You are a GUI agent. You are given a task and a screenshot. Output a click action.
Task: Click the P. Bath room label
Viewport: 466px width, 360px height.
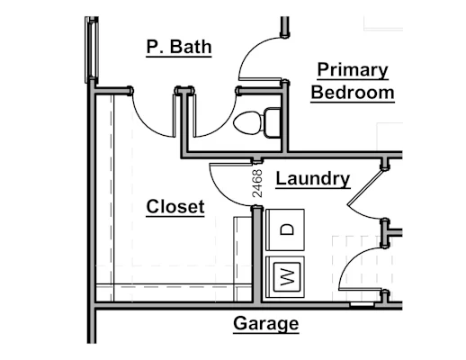(179, 47)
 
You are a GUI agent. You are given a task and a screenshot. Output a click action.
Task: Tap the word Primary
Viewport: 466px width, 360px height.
(353, 70)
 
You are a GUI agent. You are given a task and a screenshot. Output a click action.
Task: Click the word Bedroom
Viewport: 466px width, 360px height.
(353, 93)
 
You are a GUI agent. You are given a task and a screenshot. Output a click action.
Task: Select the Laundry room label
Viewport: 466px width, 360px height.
(313, 179)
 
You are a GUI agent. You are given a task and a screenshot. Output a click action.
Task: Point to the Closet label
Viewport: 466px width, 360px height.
(175, 206)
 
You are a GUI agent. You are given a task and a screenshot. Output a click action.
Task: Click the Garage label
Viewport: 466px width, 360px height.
(266, 324)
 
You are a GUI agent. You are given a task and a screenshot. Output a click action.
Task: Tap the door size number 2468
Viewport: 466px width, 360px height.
(257, 184)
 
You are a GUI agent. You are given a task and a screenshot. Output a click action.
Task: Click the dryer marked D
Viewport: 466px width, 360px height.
(285, 229)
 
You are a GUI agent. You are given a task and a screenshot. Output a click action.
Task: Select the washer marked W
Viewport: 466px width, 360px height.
(285, 277)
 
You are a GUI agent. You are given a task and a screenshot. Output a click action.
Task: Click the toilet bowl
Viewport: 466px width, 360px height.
(247, 122)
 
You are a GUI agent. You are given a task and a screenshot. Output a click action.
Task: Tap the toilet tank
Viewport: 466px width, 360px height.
(272, 122)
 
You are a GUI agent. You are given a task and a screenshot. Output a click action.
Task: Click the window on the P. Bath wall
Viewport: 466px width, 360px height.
(92, 49)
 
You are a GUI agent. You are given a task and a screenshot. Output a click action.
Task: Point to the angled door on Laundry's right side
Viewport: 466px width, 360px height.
(365, 187)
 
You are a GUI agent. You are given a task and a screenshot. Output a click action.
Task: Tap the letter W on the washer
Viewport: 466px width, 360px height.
(287, 277)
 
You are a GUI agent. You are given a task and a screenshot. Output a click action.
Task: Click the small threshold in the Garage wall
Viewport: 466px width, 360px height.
(363, 305)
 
